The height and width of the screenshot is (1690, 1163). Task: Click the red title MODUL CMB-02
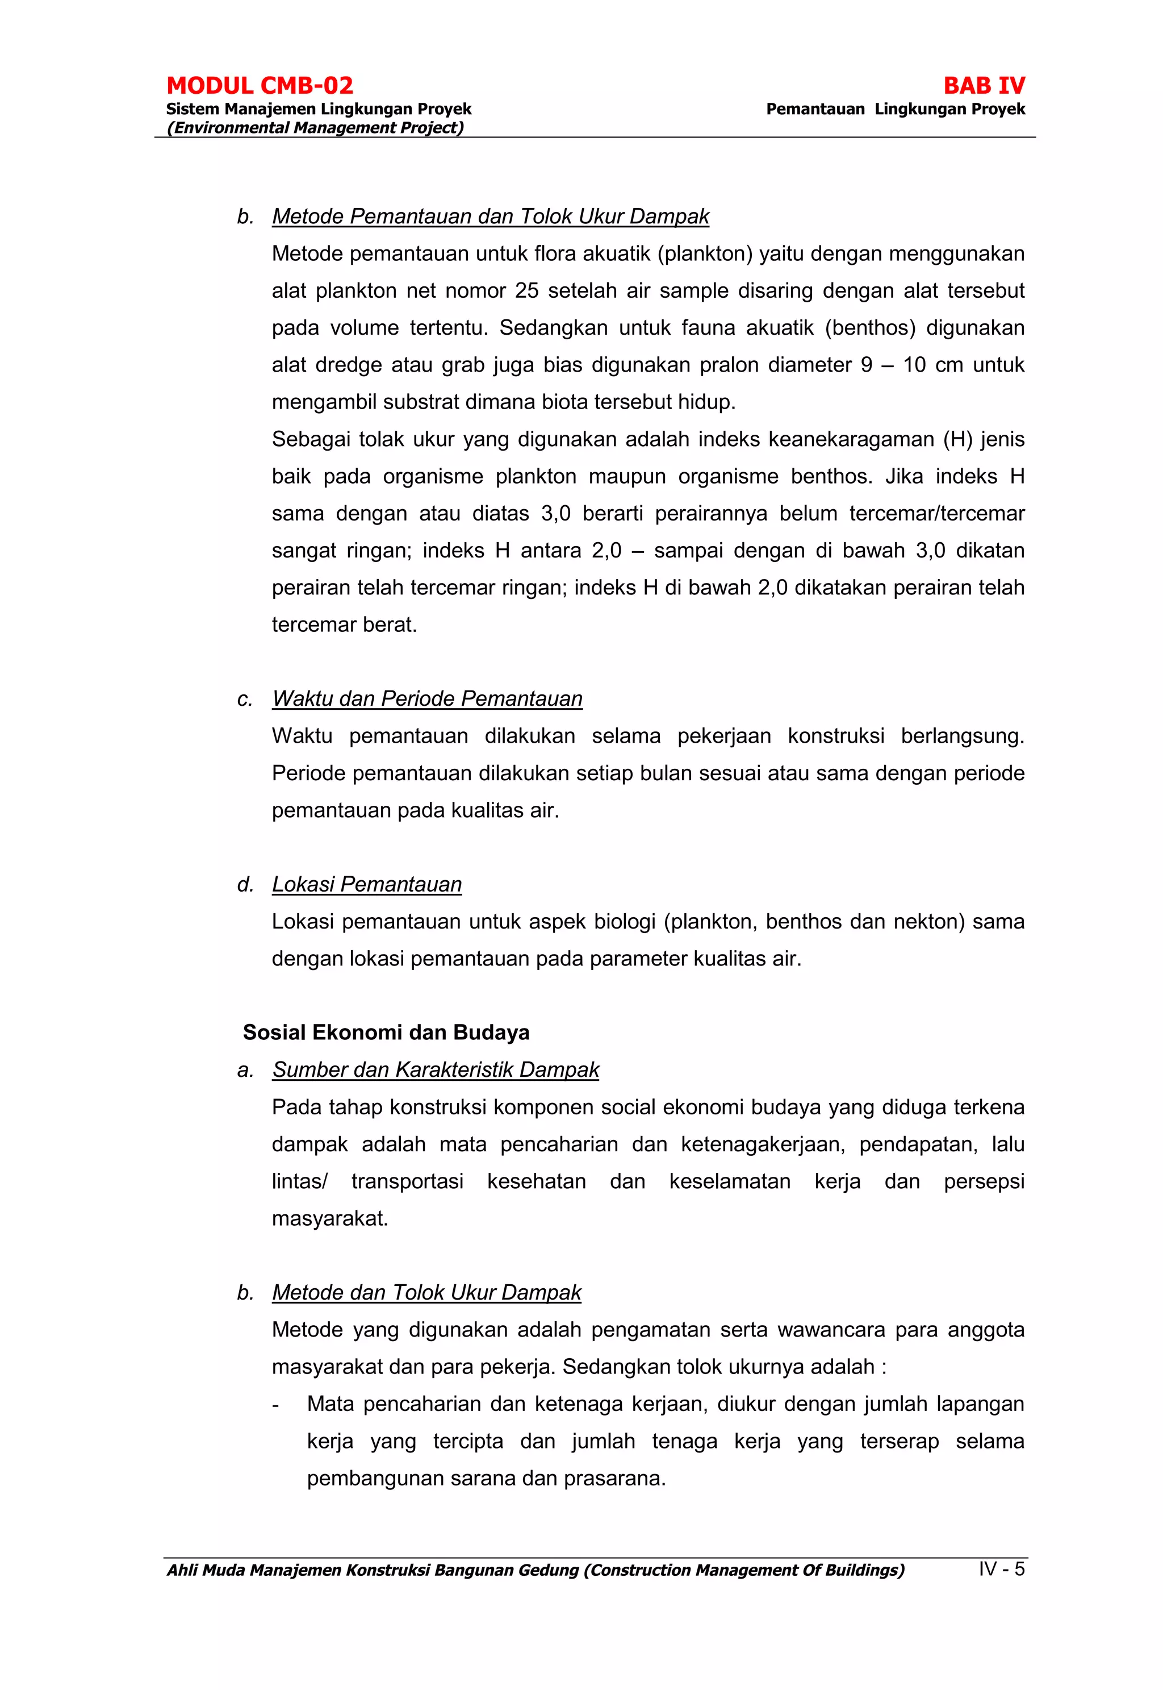(260, 86)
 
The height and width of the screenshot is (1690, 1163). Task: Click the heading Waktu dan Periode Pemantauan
(427, 698)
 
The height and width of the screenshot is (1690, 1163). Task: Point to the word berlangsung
(962, 736)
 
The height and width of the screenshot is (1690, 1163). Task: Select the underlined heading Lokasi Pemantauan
(366, 884)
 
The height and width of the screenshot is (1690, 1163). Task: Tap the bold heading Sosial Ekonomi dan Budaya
(386, 1033)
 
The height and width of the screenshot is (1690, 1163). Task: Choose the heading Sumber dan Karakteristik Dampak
(435, 1069)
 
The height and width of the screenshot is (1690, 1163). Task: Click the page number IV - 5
(1001, 1569)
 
